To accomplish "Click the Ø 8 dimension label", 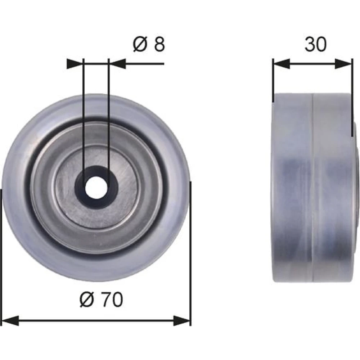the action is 149,44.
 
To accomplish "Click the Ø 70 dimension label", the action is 101,300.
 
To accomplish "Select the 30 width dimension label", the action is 315,44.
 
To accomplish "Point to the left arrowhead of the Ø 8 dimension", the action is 75,64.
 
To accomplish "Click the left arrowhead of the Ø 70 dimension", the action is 10,320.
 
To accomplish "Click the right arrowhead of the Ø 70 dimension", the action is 182,320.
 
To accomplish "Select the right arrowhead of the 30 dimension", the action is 343,64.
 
